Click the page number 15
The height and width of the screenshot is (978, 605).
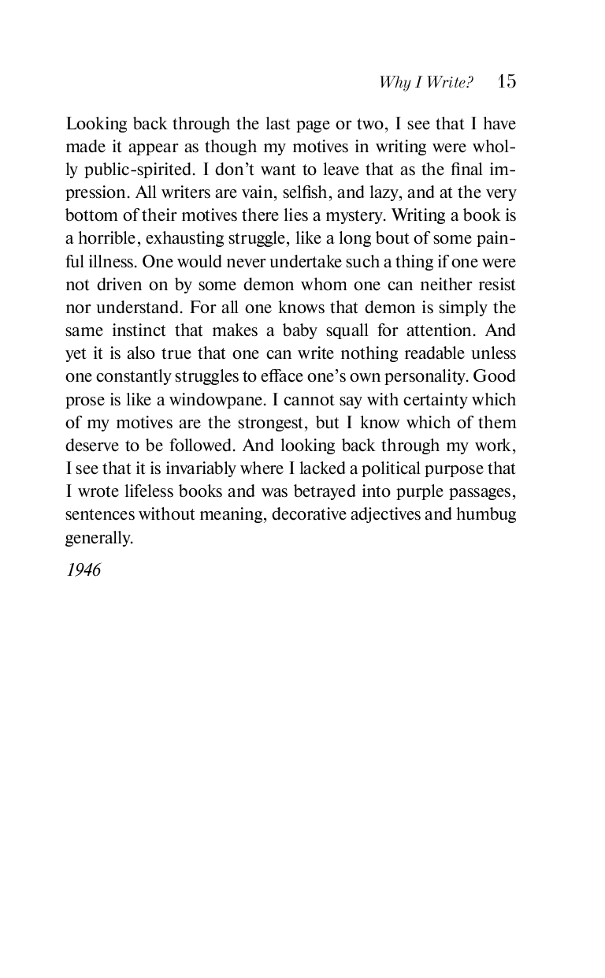507,82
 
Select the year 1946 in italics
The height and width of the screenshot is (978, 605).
84,570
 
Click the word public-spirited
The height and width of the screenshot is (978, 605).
130,170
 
